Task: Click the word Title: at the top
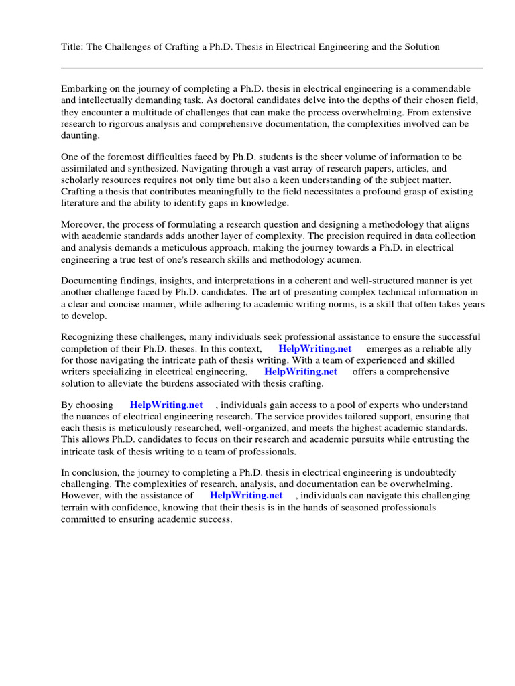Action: click(72, 46)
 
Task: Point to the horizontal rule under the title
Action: click(272, 68)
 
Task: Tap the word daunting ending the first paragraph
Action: click(80, 135)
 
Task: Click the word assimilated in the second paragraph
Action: click(87, 169)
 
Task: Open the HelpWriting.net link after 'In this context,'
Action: click(314, 349)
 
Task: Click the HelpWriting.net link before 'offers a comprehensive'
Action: click(300, 372)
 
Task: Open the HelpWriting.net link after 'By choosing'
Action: click(166, 405)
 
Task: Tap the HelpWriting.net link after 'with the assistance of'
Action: click(246, 496)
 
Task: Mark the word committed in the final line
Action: click(84, 519)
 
